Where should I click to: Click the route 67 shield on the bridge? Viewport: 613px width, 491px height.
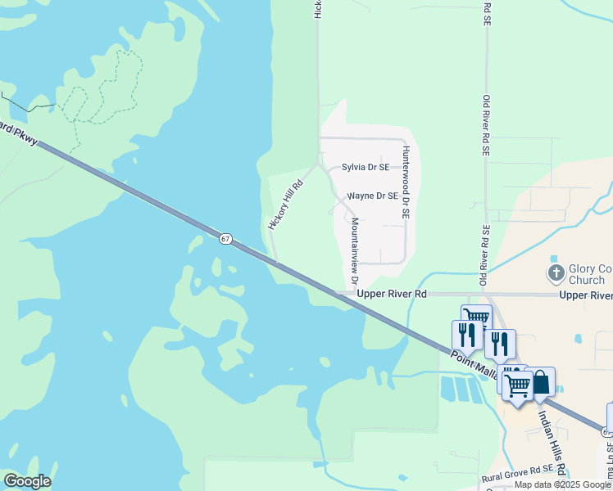point(225,238)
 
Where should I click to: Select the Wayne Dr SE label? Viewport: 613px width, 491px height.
point(372,196)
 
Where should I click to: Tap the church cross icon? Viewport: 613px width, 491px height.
point(556,272)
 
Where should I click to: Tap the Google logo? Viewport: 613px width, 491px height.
point(27,481)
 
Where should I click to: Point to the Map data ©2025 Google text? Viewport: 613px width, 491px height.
point(562,484)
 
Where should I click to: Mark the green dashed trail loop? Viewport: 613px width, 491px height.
point(102,90)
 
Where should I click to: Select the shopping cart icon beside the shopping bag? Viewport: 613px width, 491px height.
point(517,384)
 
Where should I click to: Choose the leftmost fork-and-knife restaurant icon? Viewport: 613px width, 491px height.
point(464,334)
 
